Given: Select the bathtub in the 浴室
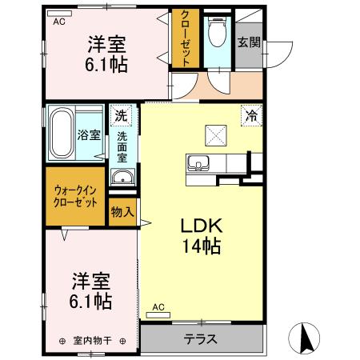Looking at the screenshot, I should pos(62,133).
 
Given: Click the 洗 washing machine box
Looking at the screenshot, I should pos(120,115).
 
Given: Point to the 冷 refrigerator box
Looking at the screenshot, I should pos(252,117).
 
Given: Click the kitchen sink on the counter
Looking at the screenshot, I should pos(197,165).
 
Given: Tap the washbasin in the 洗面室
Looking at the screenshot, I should pos(122,177).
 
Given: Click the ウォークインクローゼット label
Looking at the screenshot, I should pos(75,196).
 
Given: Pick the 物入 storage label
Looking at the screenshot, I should pos(122,213).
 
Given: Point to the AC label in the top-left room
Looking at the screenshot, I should pos(58,22).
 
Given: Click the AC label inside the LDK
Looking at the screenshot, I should pos(158,306).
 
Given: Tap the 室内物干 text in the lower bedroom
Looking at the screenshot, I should pos(90,340).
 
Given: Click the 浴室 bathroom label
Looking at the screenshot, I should pos(90,135).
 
